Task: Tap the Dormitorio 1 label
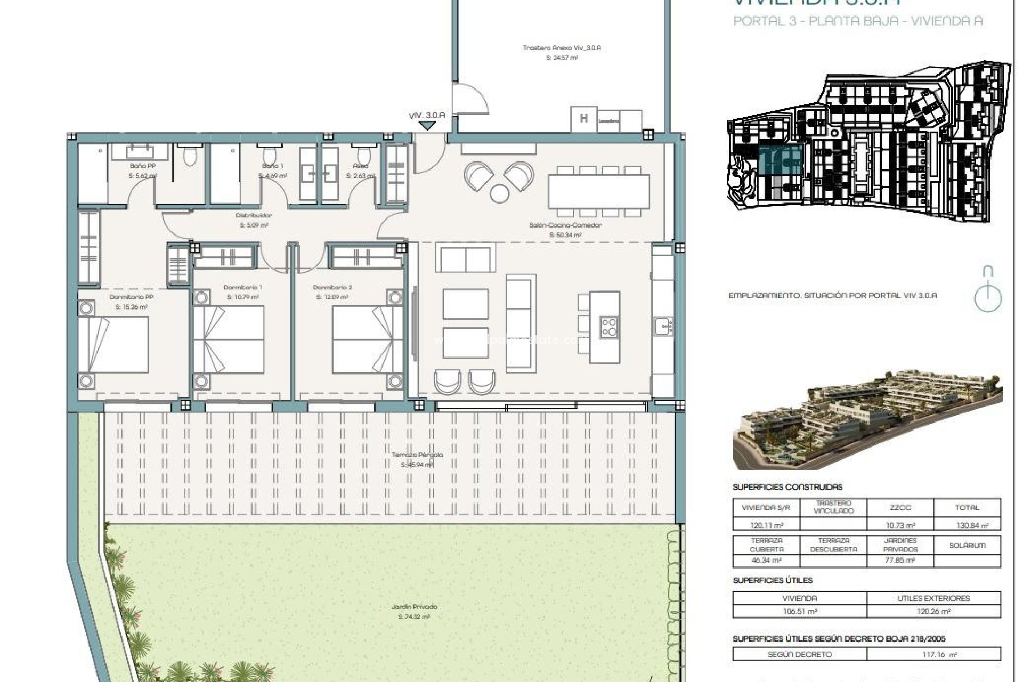tap(242, 288)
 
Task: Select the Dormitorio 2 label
tap(332, 288)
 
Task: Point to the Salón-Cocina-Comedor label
tap(565, 225)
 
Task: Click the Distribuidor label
tap(254, 216)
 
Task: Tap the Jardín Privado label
tap(413, 607)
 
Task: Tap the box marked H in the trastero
tap(583, 119)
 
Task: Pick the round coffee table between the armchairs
tap(499, 193)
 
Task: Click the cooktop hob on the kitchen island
tap(609, 327)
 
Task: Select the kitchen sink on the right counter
tap(664, 326)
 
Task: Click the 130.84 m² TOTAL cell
tap(967, 525)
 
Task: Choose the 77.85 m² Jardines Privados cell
tap(900, 560)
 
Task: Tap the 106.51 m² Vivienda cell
tap(800, 612)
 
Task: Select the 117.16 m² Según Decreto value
tap(933, 654)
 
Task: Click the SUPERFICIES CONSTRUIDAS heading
tap(787, 486)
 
